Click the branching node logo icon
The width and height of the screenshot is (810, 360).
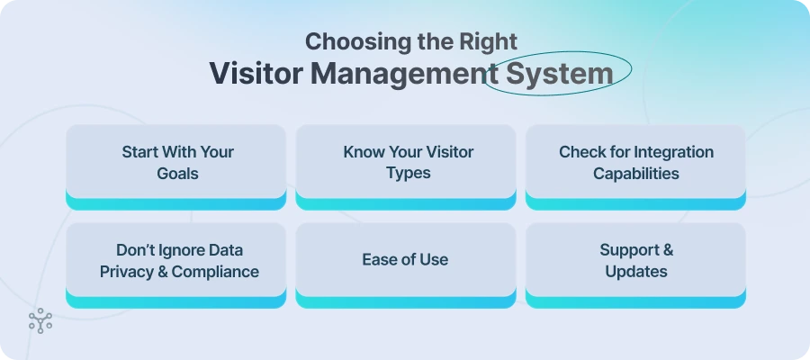tap(40, 321)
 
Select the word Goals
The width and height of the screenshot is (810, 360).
tap(176, 173)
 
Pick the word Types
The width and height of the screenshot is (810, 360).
tap(409, 173)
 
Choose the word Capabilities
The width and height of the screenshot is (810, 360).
tap(635, 173)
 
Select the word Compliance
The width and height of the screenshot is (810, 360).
tap(216, 271)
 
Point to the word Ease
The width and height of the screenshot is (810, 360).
tap(379, 260)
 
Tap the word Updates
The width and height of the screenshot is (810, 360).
tap(635, 271)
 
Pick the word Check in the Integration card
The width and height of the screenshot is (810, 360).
tap(581, 151)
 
